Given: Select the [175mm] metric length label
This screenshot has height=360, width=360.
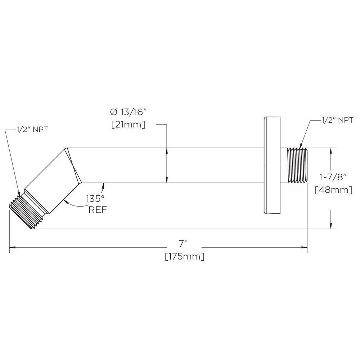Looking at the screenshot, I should [x=185, y=257].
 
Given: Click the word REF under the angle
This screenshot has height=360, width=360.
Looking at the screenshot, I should [x=97, y=210].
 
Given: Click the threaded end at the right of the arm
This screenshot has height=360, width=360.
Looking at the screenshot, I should [x=297, y=166].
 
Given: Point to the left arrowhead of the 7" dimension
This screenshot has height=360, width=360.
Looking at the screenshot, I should [x=12, y=247].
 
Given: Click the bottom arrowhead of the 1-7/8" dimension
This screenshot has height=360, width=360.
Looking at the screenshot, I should [x=330, y=225].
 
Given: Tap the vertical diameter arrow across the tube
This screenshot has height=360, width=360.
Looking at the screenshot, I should [x=167, y=166].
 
